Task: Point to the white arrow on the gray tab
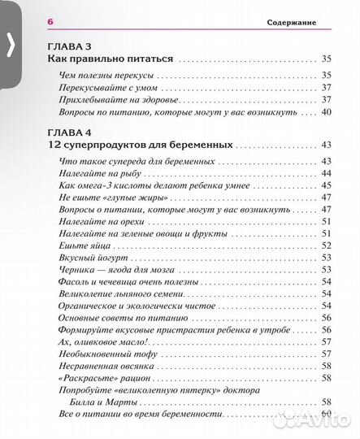11,46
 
